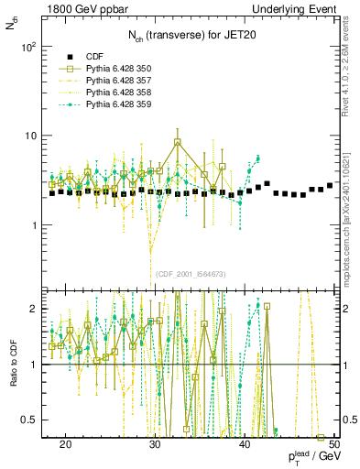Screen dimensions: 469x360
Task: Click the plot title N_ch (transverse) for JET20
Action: pos(182,38)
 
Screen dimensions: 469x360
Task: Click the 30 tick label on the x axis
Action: pos(155,443)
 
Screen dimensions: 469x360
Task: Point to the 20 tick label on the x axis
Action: pos(65,443)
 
